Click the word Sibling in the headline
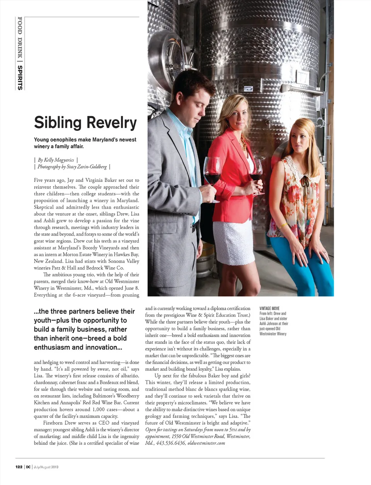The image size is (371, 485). [x=58, y=122]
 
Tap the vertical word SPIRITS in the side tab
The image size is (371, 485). [x=20, y=77]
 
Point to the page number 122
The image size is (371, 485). [x=19, y=467]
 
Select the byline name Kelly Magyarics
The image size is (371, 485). [x=59, y=160]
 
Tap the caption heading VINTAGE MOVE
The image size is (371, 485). [x=269, y=309]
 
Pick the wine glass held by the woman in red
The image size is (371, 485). [x=255, y=170]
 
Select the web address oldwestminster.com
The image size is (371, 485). [x=206, y=443]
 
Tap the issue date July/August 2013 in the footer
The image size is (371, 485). [x=46, y=467]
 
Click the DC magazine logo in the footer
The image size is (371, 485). [x=28, y=467]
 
